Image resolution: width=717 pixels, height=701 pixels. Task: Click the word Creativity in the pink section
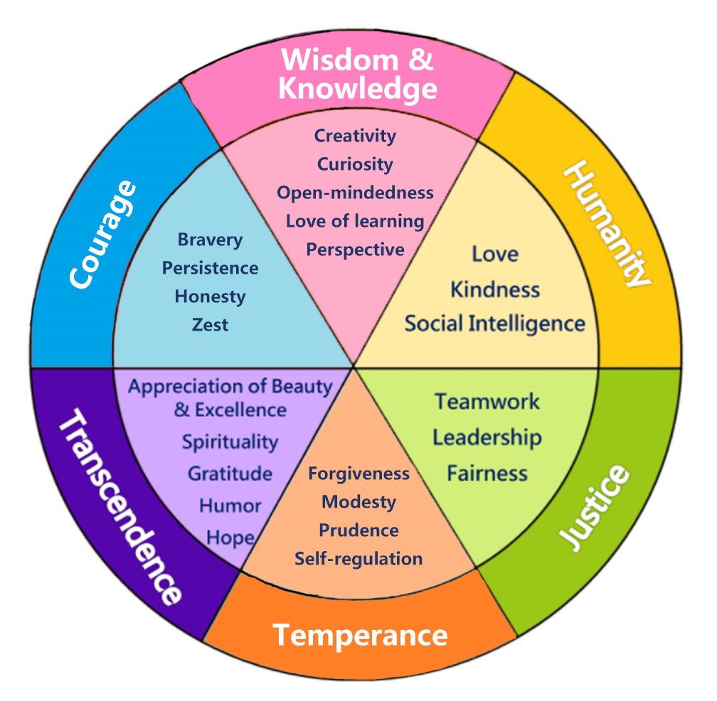[x=355, y=137]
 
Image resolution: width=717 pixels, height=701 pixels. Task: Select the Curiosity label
[x=355, y=164]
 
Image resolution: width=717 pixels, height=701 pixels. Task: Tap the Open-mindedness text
[x=355, y=193]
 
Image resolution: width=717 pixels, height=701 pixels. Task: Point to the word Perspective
[x=355, y=250]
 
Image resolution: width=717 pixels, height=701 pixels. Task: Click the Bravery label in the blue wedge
[x=210, y=240]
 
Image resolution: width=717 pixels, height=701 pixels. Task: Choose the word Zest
[x=210, y=325]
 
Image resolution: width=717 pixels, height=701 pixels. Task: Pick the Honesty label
[x=210, y=297]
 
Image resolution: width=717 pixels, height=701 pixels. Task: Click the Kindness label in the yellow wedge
[x=495, y=290]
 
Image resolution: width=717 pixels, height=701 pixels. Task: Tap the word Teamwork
[x=487, y=402]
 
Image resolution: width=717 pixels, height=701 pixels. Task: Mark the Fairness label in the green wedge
[x=487, y=473]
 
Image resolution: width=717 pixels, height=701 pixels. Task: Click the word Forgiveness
[x=359, y=474]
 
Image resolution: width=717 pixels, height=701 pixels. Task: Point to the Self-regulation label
[x=359, y=559]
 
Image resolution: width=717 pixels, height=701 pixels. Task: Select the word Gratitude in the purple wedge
[x=230, y=474]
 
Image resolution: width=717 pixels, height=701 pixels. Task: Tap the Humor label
[x=230, y=506]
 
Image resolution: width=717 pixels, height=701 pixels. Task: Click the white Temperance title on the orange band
[x=361, y=636]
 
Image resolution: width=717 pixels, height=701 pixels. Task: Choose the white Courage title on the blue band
[x=103, y=235]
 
